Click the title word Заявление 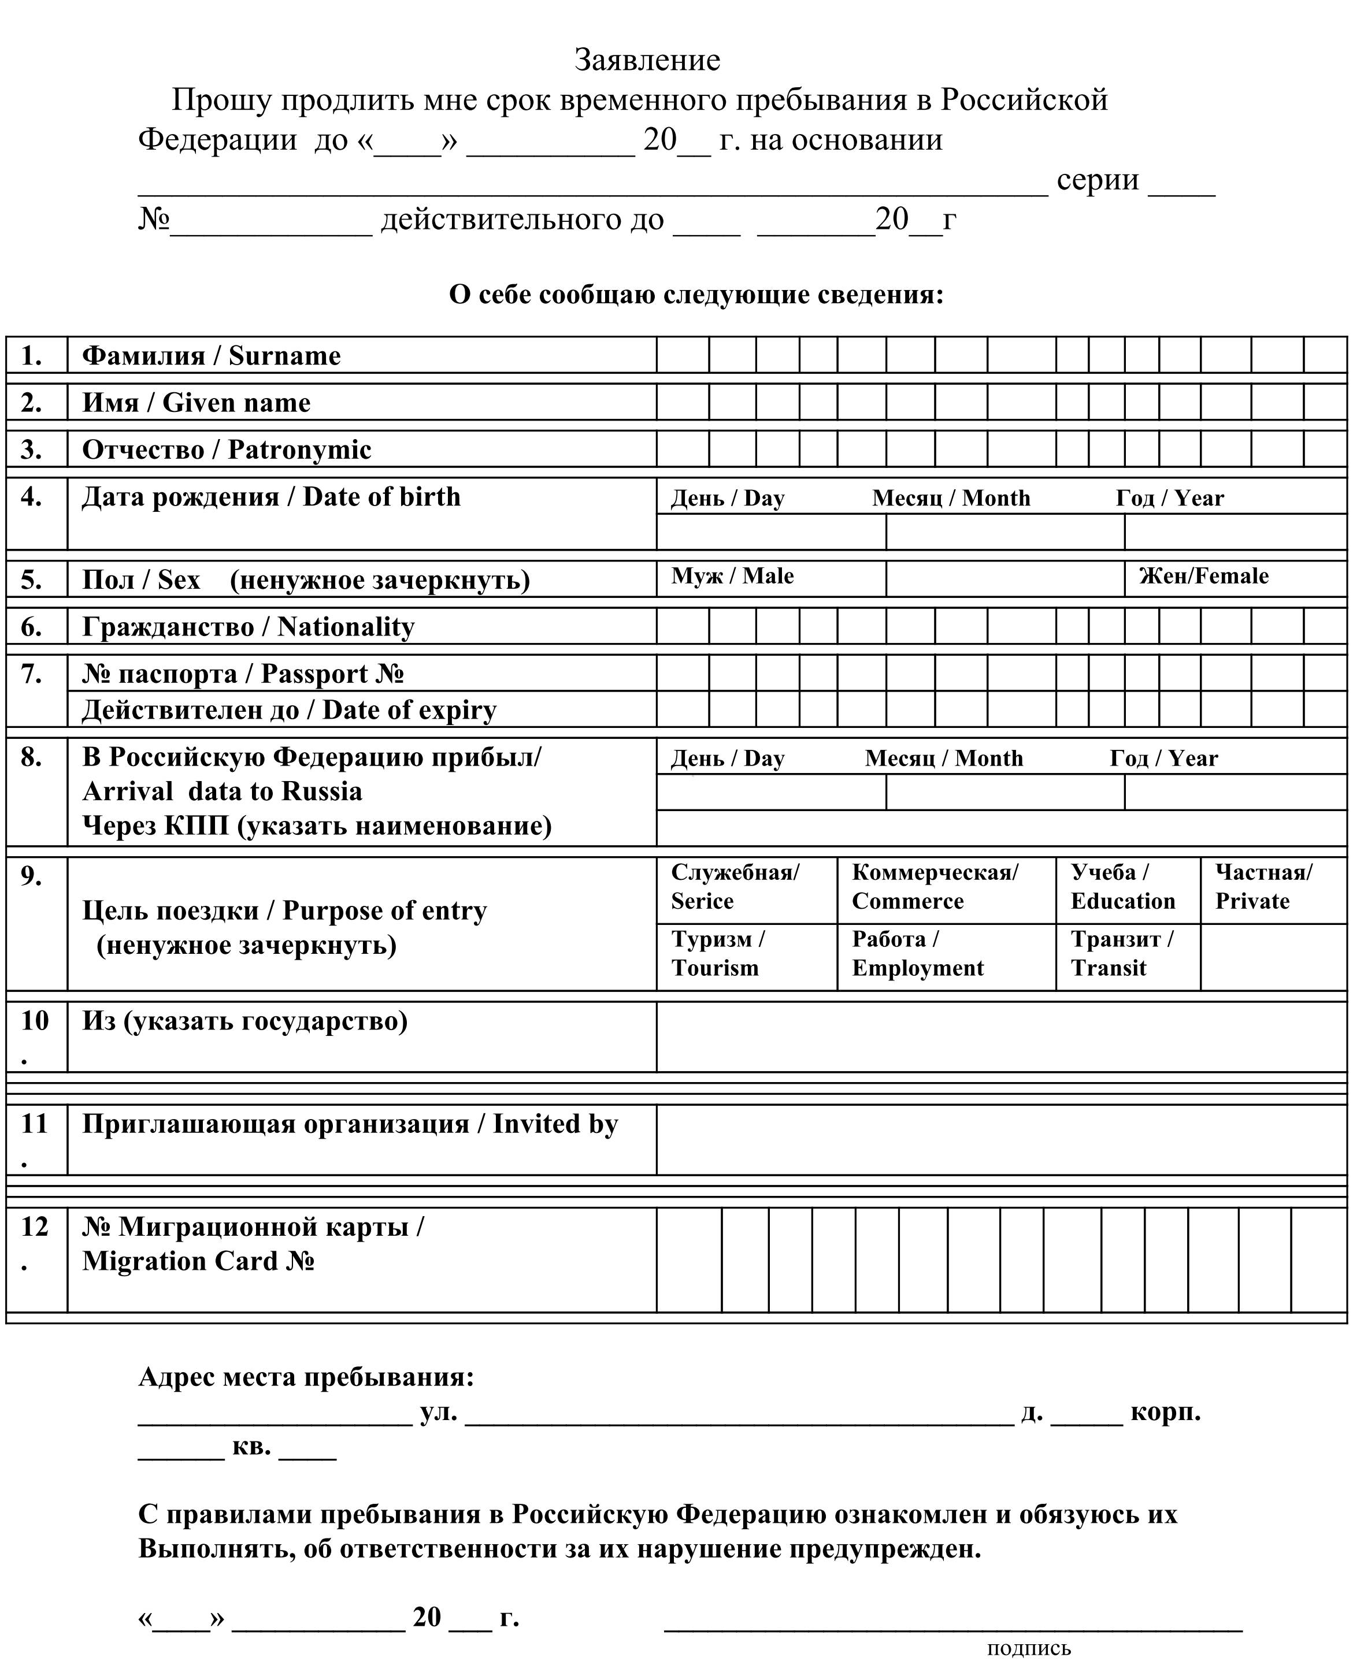pyautogui.click(x=647, y=60)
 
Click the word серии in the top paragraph pyautogui.click(x=1098, y=180)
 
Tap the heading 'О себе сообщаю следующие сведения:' pyautogui.click(x=696, y=295)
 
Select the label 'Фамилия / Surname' pyautogui.click(x=211, y=356)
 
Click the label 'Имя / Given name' pyautogui.click(x=197, y=403)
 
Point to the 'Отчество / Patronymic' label pyautogui.click(x=227, y=449)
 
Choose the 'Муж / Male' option pyautogui.click(x=733, y=576)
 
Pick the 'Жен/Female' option pyautogui.click(x=1203, y=576)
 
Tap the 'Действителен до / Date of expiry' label pyautogui.click(x=289, y=710)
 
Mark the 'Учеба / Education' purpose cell pyautogui.click(x=1122, y=887)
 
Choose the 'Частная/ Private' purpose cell pyautogui.click(x=1263, y=887)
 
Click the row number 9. pyautogui.click(x=31, y=876)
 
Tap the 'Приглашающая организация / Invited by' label pyautogui.click(x=350, y=1124)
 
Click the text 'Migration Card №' pyautogui.click(x=198, y=1261)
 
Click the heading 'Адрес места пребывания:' pyautogui.click(x=306, y=1377)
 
